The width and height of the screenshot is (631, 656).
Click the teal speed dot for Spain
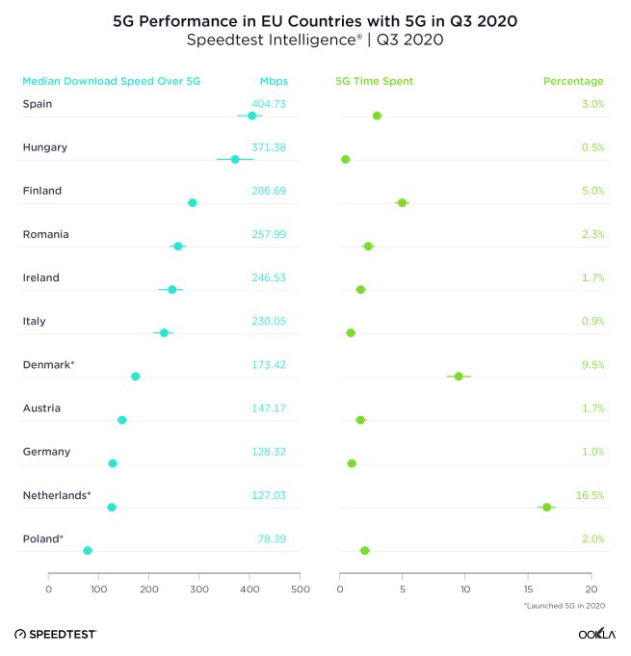tap(252, 116)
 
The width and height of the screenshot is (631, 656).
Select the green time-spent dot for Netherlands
tap(546, 507)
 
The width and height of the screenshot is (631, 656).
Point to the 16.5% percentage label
tap(590, 495)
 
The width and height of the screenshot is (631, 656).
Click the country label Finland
tap(42, 191)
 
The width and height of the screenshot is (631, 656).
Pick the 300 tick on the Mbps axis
tap(199, 589)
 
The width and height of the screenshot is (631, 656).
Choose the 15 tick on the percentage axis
tap(528, 589)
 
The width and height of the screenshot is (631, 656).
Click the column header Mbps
tap(274, 81)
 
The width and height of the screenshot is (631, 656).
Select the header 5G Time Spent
tap(374, 81)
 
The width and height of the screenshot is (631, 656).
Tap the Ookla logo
tap(597, 634)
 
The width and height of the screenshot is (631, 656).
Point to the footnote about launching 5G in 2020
tap(564, 606)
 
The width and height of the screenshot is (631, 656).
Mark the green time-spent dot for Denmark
tap(459, 377)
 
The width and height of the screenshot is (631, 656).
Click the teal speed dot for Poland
tap(88, 551)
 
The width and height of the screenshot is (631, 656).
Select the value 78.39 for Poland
tap(270, 538)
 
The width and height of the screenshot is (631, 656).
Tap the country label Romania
tap(45, 234)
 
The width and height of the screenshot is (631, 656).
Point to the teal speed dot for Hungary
tap(235, 159)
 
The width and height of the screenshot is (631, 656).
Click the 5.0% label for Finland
tap(592, 191)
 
